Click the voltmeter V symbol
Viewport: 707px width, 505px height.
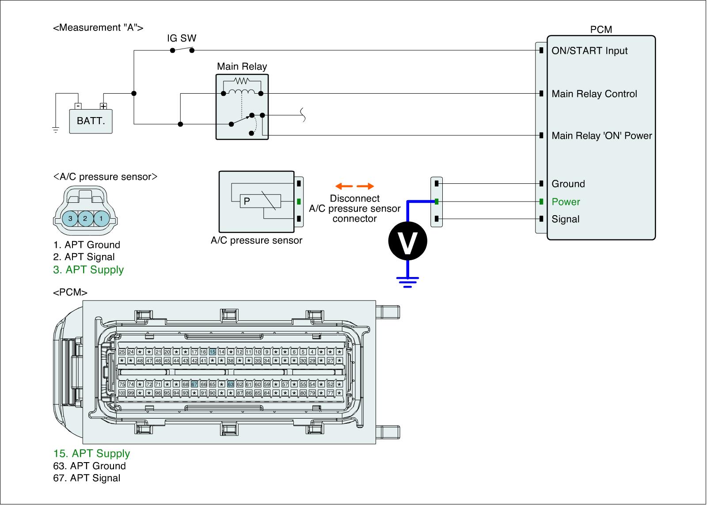click(407, 241)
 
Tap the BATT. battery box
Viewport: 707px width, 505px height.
click(91, 121)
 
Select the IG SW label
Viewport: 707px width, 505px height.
click(182, 38)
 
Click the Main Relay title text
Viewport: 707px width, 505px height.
click(242, 67)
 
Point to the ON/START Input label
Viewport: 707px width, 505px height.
click(589, 51)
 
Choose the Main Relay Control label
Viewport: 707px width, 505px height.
click(594, 94)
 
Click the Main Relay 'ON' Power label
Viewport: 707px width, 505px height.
click(602, 136)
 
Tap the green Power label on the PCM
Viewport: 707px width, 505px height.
click(566, 202)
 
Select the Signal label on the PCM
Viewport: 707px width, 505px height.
click(565, 220)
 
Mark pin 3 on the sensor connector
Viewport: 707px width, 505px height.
click(70, 218)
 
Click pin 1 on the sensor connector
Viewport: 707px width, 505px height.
click(101, 218)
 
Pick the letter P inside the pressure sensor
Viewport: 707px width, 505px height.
click(247, 201)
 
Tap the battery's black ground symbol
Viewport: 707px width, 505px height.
click(56, 130)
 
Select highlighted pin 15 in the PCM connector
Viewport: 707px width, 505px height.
click(213, 352)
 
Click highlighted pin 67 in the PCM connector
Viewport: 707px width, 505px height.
click(194, 384)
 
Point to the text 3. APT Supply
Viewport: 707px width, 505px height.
click(88, 270)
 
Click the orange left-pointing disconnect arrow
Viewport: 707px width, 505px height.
click(342, 186)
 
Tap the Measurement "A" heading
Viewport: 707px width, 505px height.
click(98, 28)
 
